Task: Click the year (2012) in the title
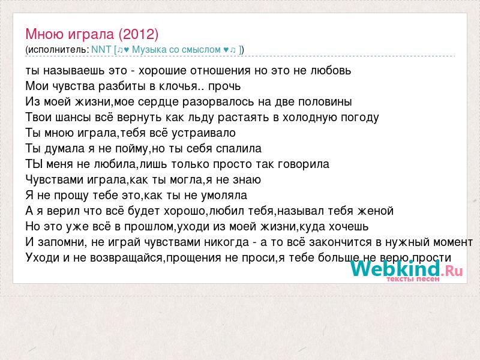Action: coord(139,34)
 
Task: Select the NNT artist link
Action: coord(101,50)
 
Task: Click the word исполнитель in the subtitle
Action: coord(58,50)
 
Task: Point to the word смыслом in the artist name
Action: coord(201,50)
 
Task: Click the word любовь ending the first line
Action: coord(331,71)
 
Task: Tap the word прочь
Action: coord(224,86)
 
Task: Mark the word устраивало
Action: coord(203,133)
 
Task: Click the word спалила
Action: coord(239,149)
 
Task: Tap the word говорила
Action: coord(304,164)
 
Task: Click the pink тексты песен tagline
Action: coord(413,279)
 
